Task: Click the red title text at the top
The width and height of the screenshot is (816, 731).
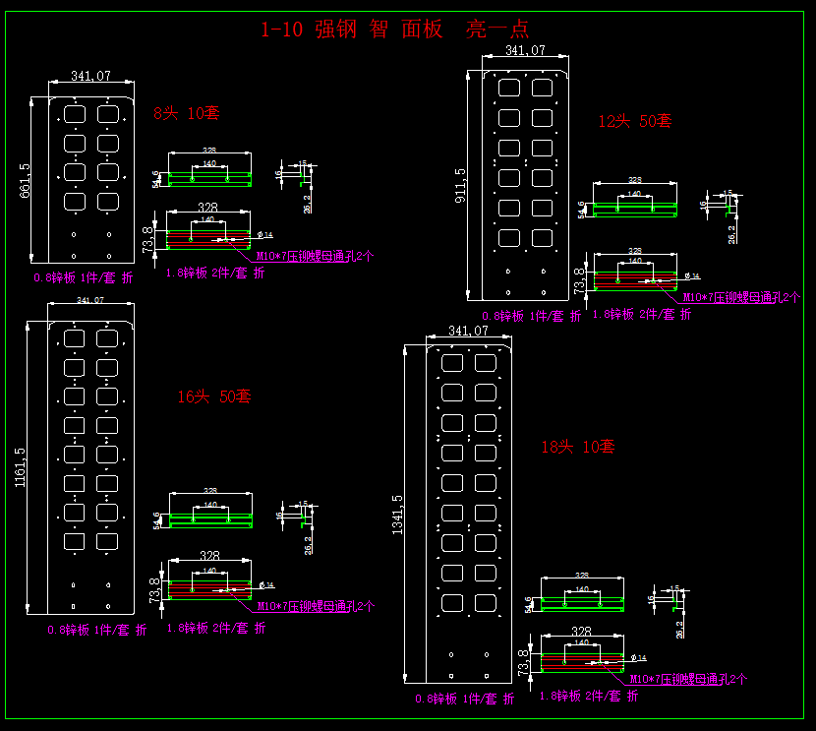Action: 394,29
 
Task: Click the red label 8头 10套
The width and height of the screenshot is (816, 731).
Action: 186,113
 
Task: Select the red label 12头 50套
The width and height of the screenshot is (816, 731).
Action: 635,121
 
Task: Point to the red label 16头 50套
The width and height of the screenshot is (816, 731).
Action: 213,396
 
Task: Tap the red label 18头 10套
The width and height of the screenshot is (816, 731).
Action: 578,446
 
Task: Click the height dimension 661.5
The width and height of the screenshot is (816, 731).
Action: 25,180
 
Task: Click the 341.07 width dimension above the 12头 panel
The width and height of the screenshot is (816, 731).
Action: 525,49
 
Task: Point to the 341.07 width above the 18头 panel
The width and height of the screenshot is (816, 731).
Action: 468,332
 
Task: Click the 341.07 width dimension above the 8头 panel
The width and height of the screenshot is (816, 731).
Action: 91,76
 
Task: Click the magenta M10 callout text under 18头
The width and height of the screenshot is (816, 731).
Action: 688,679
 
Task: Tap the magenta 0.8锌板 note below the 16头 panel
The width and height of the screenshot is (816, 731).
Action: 97,630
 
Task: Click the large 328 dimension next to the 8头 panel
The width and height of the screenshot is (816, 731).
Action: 207,208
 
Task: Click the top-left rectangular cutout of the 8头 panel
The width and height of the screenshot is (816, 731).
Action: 75,112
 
